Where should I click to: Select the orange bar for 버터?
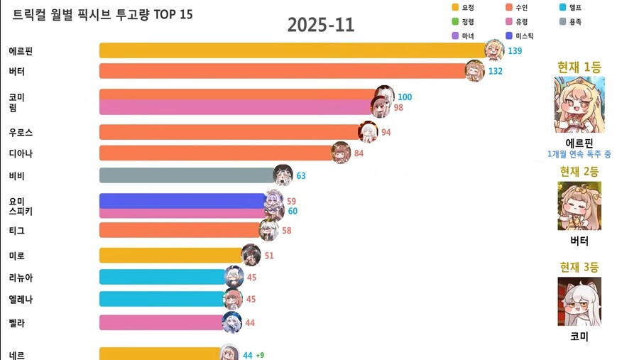point(284,71)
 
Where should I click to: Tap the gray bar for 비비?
point(188,175)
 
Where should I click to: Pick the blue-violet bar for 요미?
point(183,200)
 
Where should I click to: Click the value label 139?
point(515,51)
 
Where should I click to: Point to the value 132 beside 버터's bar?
point(496,71)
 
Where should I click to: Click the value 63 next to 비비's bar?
point(301,175)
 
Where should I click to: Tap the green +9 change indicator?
point(261,355)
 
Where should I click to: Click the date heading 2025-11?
point(321,26)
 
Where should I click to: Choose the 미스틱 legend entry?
point(524,36)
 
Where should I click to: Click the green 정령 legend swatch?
point(455,22)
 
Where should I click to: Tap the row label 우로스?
point(21,132)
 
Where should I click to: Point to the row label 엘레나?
point(21,299)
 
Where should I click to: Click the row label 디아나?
point(21,153)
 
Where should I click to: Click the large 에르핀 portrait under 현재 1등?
point(579,105)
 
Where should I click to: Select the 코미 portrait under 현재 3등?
point(579,301)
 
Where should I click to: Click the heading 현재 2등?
point(579,171)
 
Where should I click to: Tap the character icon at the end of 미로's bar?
point(251,255)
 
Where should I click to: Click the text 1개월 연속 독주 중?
point(579,154)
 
